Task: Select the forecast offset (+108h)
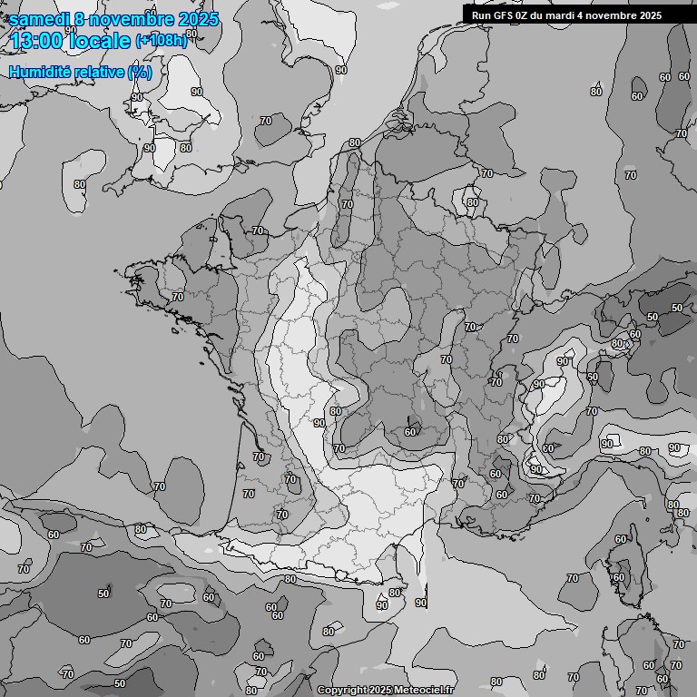[x=162, y=41]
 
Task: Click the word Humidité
[x=38, y=72]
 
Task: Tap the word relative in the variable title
[x=97, y=72]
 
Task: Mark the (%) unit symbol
[x=140, y=72]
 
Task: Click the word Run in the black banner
[x=481, y=15]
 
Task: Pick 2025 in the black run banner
[x=650, y=15]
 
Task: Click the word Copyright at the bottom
[x=341, y=691]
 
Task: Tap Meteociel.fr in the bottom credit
[x=423, y=691]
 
